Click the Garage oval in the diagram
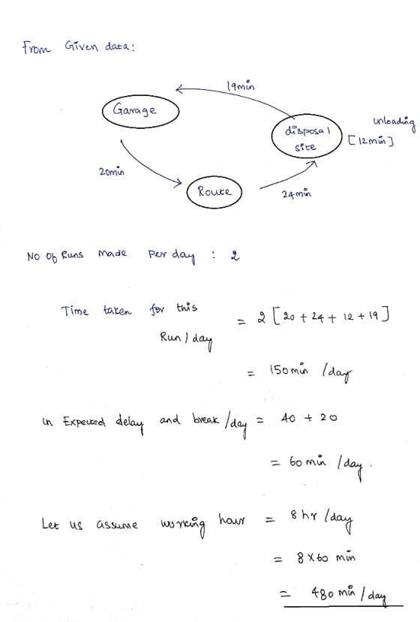[140, 95]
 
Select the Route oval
[214, 177]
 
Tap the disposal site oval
[306, 115]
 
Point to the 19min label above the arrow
[240, 86]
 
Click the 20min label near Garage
[112, 171]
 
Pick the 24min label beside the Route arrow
[296, 194]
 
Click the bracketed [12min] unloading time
[370, 140]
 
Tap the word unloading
[394, 123]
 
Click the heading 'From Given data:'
[79, 47]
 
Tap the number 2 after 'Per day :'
[235, 255]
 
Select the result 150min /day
[310, 372]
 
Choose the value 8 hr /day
[321, 518]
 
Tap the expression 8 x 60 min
[326, 557]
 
